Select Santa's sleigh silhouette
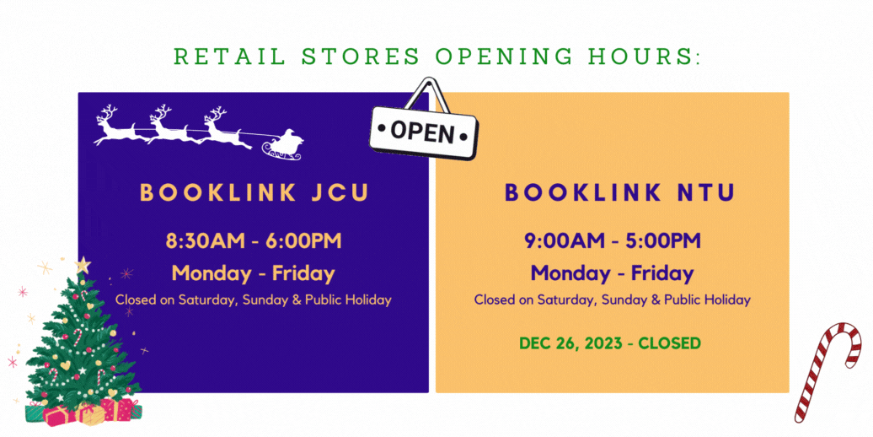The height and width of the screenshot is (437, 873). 283,145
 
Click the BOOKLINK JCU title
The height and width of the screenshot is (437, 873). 254,192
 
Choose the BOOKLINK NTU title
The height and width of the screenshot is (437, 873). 620,192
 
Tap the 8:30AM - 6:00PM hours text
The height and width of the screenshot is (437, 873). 254,241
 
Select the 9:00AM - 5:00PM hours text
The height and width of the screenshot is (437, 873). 613,241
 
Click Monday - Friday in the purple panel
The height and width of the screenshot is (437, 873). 254,273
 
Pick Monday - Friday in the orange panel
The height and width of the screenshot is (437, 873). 613,273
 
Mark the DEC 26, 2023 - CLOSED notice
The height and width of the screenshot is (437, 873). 609,343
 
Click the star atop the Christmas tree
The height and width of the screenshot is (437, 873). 83,265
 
